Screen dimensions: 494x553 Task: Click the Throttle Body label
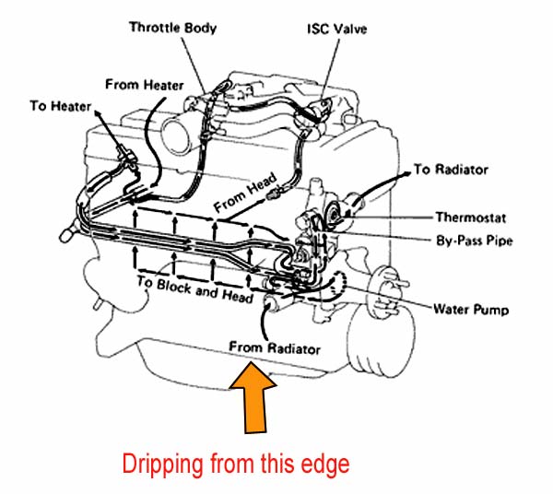click(x=173, y=28)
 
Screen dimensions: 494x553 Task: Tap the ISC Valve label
click(x=336, y=29)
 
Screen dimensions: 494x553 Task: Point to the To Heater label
click(x=60, y=107)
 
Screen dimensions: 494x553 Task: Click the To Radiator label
click(x=451, y=170)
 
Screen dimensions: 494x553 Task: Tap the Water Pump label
click(x=470, y=306)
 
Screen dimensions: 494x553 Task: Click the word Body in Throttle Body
click(x=199, y=28)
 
